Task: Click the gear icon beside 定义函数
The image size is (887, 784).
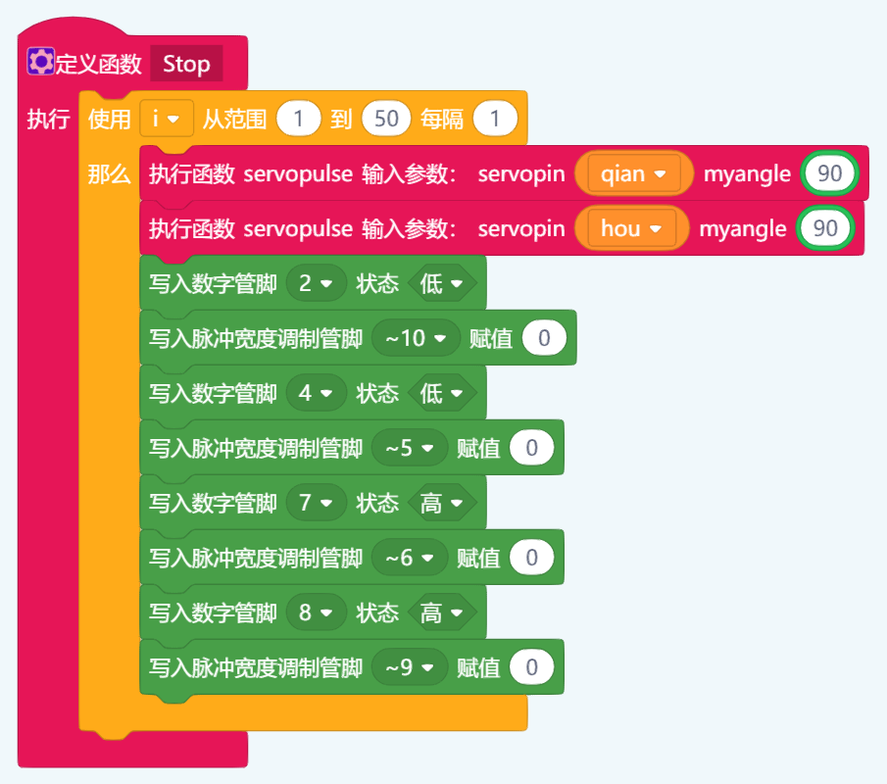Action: coord(40,63)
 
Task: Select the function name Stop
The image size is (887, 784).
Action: coord(186,65)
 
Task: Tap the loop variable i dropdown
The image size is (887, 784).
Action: coord(165,120)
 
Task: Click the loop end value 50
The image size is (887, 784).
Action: coord(386,120)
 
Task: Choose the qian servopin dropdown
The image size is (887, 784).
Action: coord(633,174)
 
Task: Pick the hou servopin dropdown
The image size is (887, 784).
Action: coord(631,229)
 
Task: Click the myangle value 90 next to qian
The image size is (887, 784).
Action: coord(829,174)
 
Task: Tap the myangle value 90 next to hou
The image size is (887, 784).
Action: coord(825,229)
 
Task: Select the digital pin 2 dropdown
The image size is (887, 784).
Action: coord(316,284)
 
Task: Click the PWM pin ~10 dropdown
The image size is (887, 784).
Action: coord(416,339)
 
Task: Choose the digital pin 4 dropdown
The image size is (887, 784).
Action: coord(316,394)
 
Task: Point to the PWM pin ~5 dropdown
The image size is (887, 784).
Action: coord(410,449)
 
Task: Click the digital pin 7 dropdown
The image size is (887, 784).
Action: coord(316,504)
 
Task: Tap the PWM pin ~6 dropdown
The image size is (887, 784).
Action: coord(410,559)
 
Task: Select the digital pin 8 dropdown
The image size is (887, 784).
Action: coord(316,613)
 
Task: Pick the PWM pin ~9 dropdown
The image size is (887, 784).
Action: coord(410,668)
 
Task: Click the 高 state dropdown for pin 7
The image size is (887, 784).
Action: coord(442,504)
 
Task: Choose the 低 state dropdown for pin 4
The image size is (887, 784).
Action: coord(442,394)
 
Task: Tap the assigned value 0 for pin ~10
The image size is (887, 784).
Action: coord(544,339)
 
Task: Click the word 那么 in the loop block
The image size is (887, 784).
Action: coord(109,174)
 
